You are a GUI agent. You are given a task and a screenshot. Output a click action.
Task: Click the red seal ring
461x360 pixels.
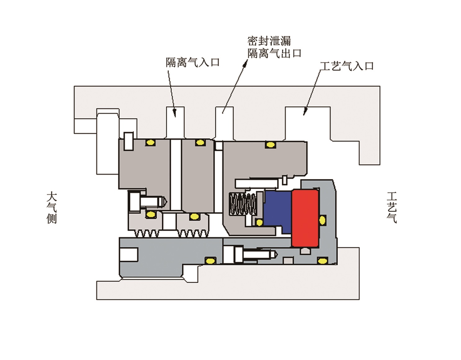pyautogui.click(x=305, y=218)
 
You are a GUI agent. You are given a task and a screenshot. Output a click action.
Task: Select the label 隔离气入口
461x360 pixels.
pyautogui.click(x=192, y=62)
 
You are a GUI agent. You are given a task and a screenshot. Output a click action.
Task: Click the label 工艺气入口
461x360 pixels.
pyautogui.click(x=347, y=66)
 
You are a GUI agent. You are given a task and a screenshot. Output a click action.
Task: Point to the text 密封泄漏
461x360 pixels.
pyautogui.click(x=269, y=41)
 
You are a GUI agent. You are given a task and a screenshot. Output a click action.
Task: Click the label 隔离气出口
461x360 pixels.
pyautogui.click(x=275, y=53)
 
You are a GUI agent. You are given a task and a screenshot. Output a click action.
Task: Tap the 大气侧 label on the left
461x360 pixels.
pyautogui.click(x=52, y=208)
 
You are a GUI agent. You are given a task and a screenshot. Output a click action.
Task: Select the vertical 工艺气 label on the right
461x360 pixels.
pyautogui.click(x=392, y=208)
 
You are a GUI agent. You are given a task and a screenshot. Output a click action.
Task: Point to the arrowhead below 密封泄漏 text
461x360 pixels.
pyautogui.click(x=246, y=63)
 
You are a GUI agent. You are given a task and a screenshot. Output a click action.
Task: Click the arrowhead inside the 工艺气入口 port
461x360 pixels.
pyautogui.click(x=305, y=112)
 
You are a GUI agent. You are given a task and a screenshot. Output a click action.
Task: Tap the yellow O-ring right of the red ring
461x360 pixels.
pyautogui.click(x=322, y=220)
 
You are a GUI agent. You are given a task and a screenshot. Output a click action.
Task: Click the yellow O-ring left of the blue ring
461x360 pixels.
pyautogui.click(x=259, y=223)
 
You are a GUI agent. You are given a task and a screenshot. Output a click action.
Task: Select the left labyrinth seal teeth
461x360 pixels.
pyautogui.click(x=147, y=233)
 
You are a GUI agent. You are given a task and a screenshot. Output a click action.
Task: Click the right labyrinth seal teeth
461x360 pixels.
pyautogui.click(x=193, y=233)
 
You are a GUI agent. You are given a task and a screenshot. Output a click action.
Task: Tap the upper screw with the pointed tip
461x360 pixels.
pyautogui.click(x=149, y=201)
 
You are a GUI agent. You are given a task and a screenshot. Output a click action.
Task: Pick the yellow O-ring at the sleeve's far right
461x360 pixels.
pyautogui.click(x=322, y=260)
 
